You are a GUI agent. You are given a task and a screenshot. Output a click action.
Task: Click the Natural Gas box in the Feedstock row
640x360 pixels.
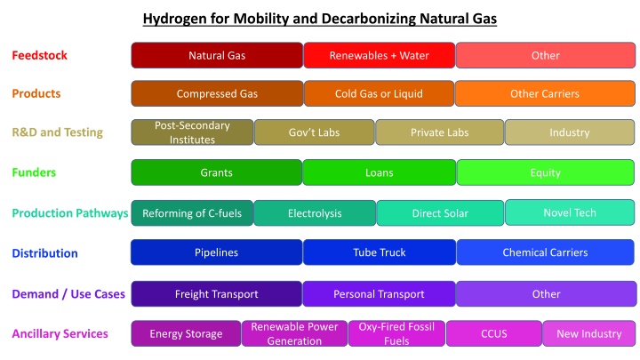(x=217, y=55)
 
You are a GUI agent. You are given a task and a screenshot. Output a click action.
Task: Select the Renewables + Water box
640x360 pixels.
(x=379, y=55)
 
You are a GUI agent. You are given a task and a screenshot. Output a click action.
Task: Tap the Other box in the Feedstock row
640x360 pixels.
(x=546, y=55)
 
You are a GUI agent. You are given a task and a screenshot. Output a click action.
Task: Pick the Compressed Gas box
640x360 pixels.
(x=217, y=93)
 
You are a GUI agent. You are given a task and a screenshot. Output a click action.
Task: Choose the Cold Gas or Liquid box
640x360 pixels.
(x=379, y=93)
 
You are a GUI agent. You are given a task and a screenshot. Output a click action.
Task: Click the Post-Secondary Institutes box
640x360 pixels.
(x=192, y=132)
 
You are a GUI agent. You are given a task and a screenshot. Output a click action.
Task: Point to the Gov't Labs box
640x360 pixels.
(x=314, y=132)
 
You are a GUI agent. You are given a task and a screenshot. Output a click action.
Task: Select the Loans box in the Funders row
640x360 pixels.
(x=379, y=172)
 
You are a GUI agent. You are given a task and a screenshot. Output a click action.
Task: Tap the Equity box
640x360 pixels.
(x=546, y=172)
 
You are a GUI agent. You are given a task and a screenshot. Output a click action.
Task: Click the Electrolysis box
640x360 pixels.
(x=314, y=213)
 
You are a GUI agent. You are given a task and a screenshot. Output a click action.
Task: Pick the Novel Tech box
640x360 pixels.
(x=571, y=212)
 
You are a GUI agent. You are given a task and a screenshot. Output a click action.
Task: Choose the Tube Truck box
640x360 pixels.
(x=379, y=252)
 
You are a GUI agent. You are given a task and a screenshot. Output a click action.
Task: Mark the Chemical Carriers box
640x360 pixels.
(x=546, y=252)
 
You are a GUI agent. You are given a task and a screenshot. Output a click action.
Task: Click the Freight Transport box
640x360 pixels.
(x=217, y=293)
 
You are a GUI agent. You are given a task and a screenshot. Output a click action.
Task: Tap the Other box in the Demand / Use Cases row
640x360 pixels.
(x=546, y=293)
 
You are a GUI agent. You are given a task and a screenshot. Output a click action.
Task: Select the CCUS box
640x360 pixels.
(x=493, y=333)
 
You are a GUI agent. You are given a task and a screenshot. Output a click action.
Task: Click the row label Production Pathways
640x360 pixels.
(x=69, y=213)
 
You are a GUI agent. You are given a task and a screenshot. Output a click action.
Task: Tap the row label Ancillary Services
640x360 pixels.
(x=60, y=333)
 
